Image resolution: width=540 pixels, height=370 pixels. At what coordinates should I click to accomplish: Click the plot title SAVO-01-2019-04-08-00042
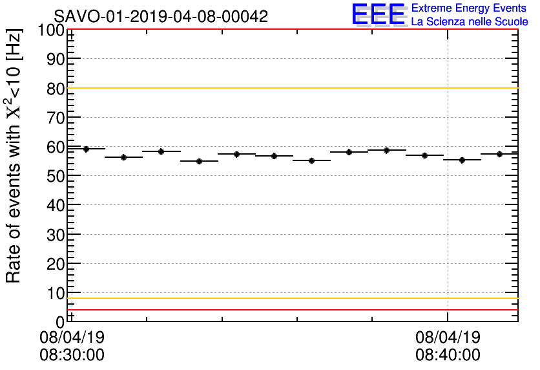(x=161, y=16)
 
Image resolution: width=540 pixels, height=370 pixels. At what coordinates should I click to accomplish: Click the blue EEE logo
(x=379, y=14)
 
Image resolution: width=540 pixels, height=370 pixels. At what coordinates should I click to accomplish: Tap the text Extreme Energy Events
(x=469, y=8)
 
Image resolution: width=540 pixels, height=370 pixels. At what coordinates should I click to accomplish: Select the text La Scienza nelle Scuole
(x=469, y=21)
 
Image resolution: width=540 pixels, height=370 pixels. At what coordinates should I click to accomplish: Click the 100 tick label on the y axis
(x=51, y=30)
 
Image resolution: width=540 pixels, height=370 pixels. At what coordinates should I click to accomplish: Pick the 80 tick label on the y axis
(x=56, y=89)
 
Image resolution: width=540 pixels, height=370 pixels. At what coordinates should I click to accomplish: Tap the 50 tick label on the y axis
(x=56, y=176)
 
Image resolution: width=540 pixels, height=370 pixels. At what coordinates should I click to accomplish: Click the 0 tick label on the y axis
(x=60, y=321)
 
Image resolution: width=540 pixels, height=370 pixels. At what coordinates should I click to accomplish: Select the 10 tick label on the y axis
(x=56, y=293)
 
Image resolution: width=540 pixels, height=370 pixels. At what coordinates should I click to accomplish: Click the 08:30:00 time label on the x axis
(x=72, y=354)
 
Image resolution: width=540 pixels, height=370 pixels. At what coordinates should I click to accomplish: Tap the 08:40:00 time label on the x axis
(x=448, y=354)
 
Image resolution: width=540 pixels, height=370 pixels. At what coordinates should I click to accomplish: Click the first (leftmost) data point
(x=86, y=149)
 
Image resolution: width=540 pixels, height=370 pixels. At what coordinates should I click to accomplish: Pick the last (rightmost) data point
(x=499, y=154)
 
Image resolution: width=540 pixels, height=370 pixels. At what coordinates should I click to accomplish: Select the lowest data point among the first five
(x=199, y=161)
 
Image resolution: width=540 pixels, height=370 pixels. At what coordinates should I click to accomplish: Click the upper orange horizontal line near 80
(x=291, y=88)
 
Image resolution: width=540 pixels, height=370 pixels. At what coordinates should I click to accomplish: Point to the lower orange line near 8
(x=291, y=298)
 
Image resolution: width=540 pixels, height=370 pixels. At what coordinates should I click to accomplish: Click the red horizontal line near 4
(x=291, y=310)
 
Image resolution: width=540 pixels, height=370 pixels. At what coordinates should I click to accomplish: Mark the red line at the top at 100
(x=291, y=30)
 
